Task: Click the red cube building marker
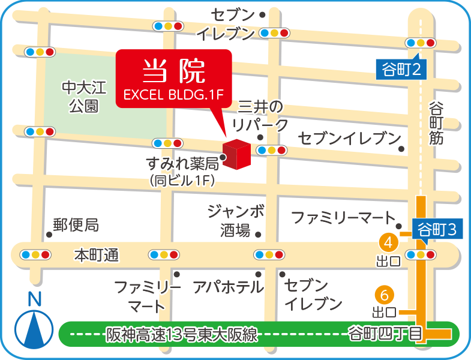(x=235, y=155)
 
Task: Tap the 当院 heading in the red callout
(x=173, y=71)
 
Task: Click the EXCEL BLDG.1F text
(x=173, y=94)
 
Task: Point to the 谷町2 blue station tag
(x=400, y=70)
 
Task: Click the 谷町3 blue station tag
(x=436, y=229)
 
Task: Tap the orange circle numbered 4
(x=388, y=242)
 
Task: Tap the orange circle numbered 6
(x=384, y=295)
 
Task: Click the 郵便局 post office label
(x=76, y=225)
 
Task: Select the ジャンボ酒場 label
(x=235, y=220)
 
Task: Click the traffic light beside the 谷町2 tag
(x=421, y=43)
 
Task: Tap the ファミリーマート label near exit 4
(x=343, y=217)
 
